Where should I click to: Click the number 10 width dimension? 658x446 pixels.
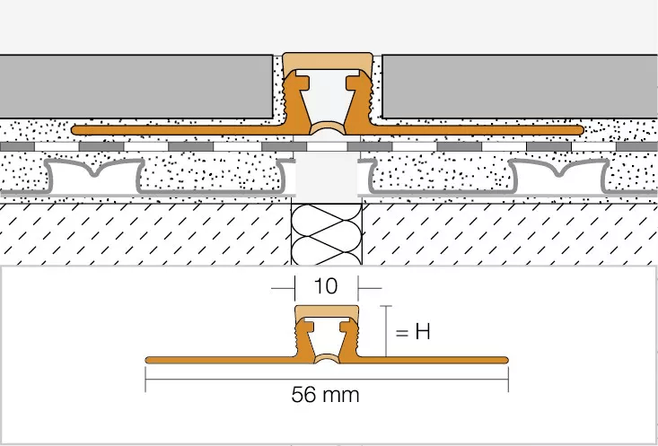click(326, 286)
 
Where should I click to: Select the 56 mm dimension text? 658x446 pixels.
click(326, 394)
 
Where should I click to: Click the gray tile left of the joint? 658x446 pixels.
click(135, 86)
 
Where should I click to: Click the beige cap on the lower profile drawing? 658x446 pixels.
click(327, 313)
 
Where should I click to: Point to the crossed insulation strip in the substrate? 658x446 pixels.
click(327, 238)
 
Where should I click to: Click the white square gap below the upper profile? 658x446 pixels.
click(327, 176)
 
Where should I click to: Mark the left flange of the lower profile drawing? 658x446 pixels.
click(215, 360)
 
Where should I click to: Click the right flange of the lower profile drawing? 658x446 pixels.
click(440, 360)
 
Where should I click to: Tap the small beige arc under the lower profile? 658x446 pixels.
click(327, 360)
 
